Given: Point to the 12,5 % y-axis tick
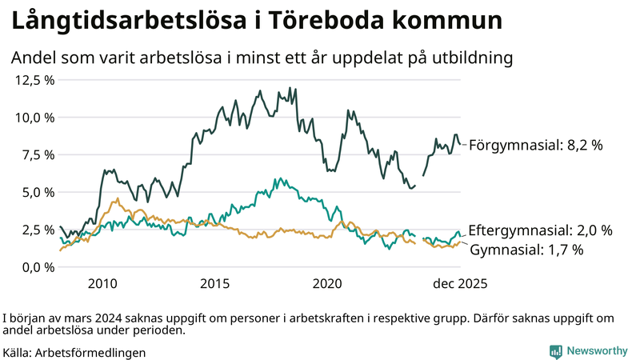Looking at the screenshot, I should point(35,80).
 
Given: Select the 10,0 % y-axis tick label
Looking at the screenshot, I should point(35,118).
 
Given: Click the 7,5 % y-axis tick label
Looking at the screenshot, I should point(38,154).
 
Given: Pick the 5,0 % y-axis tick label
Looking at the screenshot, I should point(38,192).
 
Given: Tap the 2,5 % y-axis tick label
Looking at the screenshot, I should point(38,230).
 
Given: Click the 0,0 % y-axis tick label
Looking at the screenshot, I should point(38,266).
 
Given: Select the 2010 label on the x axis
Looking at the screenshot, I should point(102,283).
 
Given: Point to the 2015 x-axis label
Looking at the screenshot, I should point(215,283).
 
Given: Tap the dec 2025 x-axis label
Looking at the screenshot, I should point(460,283).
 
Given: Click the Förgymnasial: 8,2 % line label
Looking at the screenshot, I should point(535,146).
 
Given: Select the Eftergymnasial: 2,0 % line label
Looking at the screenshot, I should point(540,230).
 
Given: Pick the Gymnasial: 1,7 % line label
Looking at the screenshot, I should point(526,250).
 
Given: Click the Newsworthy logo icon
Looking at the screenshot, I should point(555,351).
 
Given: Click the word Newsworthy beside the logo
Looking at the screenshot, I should point(598,351).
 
